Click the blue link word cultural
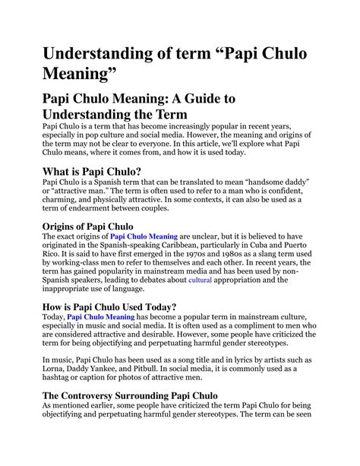pos(200,281)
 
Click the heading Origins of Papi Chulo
pos(88,226)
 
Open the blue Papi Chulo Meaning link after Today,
pos(103,317)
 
